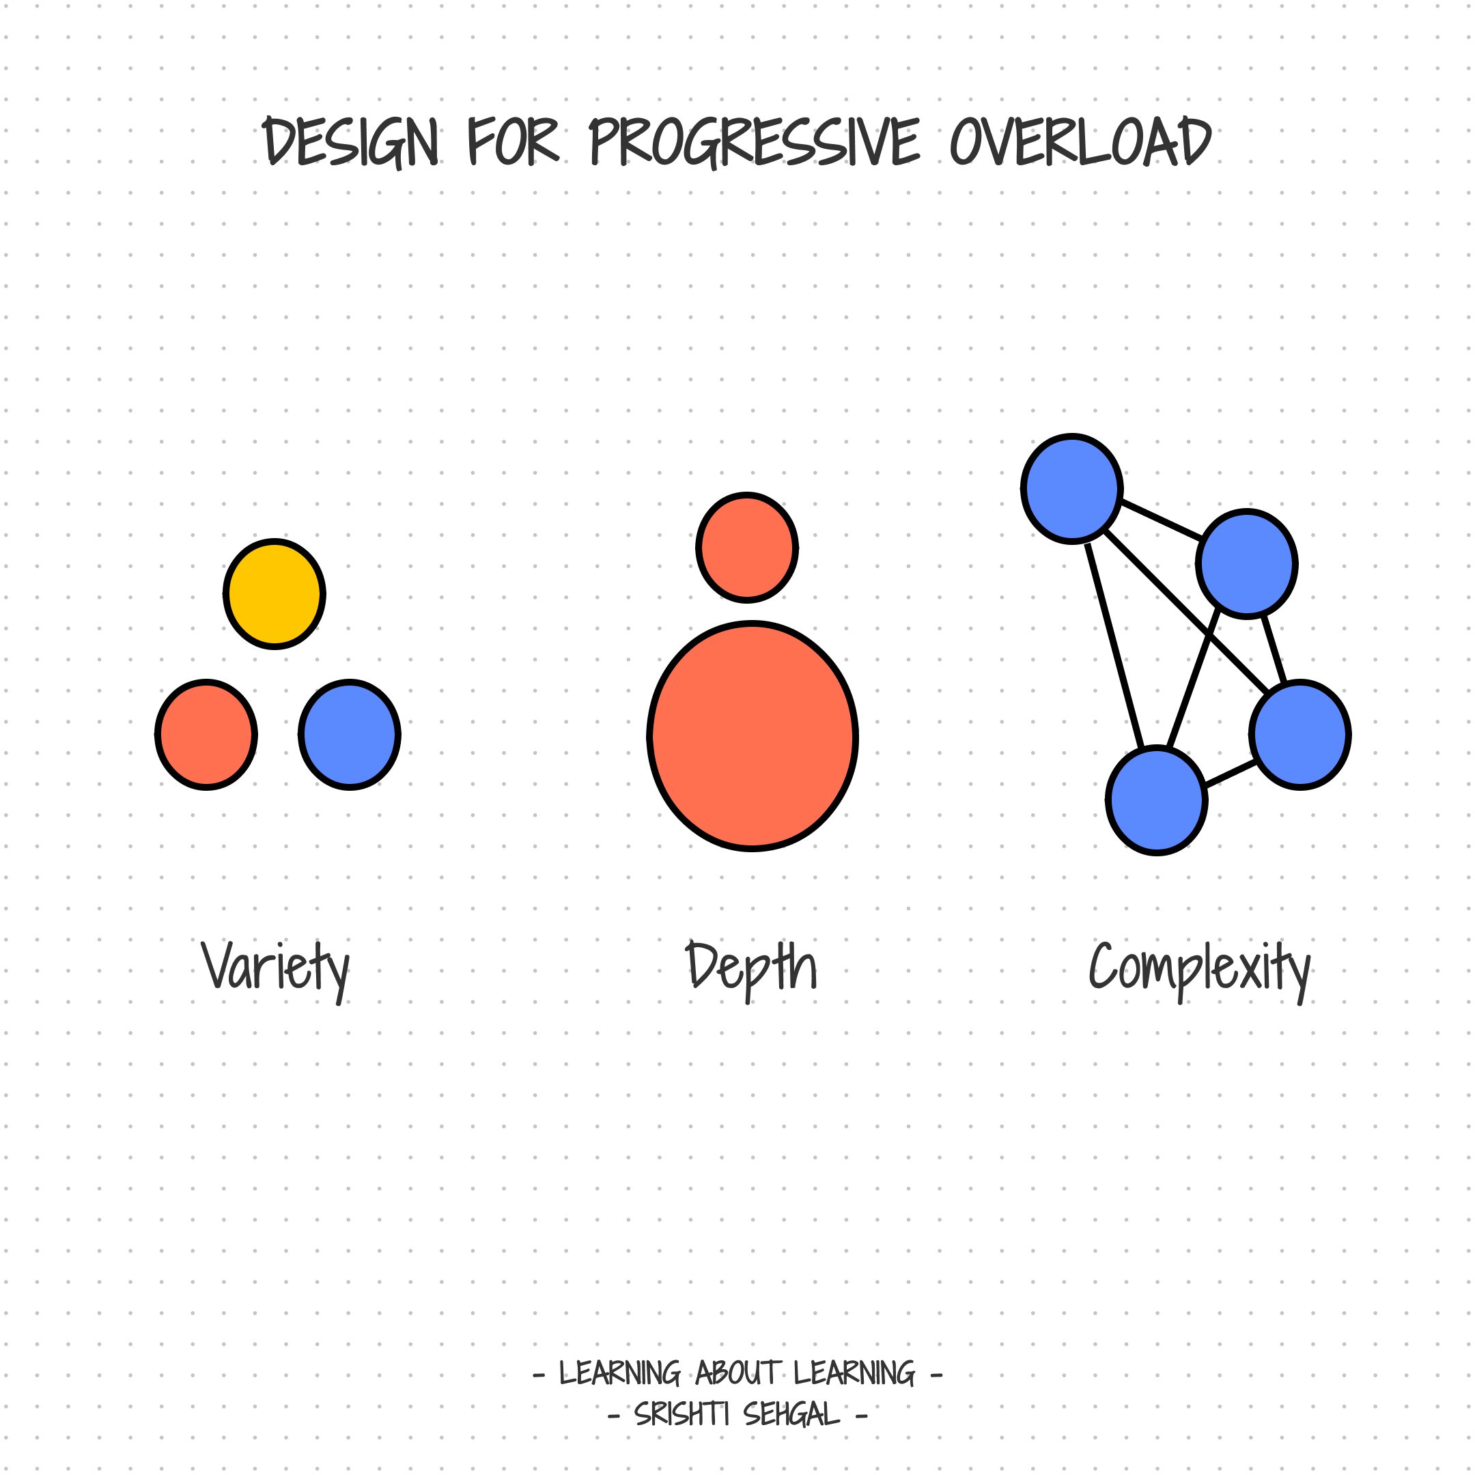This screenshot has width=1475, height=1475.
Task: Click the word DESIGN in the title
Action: click(351, 143)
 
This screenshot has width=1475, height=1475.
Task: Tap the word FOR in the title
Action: click(513, 143)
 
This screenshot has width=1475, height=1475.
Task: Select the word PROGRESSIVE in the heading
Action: click(755, 143)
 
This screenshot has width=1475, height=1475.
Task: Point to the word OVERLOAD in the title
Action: click(1080, 143)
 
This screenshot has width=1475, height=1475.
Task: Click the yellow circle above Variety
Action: click(275, 594)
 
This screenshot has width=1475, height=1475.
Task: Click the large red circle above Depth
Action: click(753, 736)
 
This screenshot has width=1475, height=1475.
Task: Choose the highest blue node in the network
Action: click(1072, 489)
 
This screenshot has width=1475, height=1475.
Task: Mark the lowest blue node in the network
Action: click(1157, 800)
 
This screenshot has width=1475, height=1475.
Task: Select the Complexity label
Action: click(1199, 968)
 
